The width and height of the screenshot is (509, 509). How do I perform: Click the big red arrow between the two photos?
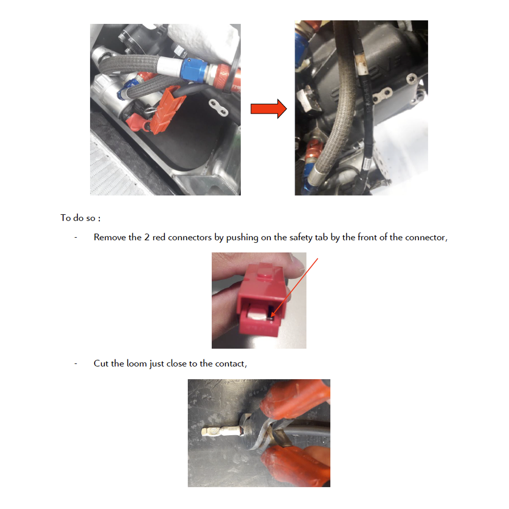pyautogui.click(x=268, y=109)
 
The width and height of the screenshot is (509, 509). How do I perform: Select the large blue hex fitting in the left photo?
pyautogui.click(x=194, y=69)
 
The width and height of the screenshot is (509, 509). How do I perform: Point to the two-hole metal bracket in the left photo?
pyautogui.click(x=218, y=107)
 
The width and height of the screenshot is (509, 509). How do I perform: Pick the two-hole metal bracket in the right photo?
pyautogui.click(x=383, y=96)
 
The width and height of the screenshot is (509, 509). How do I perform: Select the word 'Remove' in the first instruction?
pyautogui.click(x=110, y=237)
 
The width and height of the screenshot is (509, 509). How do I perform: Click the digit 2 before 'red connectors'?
pyautogui.click(x=147, y=237)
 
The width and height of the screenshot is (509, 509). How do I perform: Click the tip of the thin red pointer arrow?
pyautogui.click(x=271, y=317)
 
